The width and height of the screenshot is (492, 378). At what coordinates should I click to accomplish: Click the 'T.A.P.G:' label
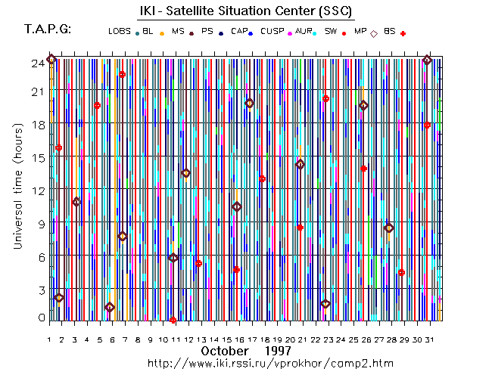48,29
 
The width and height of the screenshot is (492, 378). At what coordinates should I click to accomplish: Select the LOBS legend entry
120,32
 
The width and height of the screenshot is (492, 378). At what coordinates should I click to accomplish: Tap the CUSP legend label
272,32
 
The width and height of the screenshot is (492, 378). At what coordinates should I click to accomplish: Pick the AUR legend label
304,32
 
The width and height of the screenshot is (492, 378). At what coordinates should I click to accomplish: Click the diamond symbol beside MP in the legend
374,33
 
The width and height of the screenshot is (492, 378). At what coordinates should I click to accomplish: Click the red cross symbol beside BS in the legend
403,33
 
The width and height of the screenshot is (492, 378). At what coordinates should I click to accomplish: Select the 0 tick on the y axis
40,318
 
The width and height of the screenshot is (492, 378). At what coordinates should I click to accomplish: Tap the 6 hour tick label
40,256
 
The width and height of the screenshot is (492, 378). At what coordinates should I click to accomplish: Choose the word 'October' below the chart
226,352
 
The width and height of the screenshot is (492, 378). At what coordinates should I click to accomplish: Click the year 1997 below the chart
279,352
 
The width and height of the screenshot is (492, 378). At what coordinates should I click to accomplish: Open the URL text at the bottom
270,364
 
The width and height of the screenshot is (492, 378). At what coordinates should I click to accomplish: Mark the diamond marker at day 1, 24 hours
51,59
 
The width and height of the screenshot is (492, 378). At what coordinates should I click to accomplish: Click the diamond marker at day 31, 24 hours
427,60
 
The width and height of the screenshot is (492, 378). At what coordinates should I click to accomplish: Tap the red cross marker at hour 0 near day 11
173,320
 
